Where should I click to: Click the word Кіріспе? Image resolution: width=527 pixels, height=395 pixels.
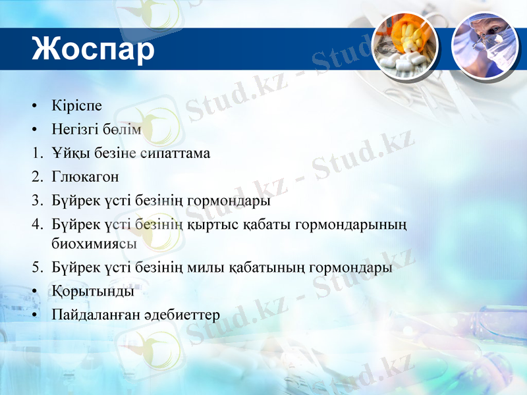(x=76, y=106)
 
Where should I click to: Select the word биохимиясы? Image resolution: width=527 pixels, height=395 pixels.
(x=94, y=243)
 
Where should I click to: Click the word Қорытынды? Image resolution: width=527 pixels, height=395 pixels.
(x=92, y=290)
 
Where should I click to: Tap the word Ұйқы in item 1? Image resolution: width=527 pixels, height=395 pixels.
(x=67, y=153)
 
